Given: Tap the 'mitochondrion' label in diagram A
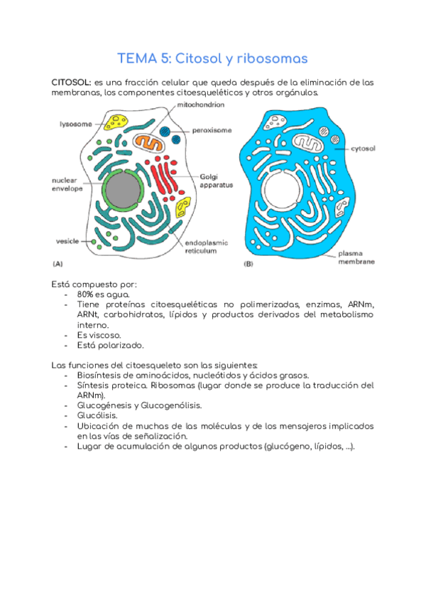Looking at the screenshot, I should click(x=201, y=105).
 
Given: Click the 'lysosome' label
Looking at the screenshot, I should click(x=75, y=124).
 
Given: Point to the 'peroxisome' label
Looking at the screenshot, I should click(x=212, y=131).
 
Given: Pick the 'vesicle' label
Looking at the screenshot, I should click(x=67, y=241).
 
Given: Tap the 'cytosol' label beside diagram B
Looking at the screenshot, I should click(x=363, y=149).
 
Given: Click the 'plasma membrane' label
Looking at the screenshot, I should click(x=356, y=257).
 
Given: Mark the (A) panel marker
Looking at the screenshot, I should click(x=59, y=264).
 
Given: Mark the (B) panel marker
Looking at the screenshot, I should click(x=248, y=264).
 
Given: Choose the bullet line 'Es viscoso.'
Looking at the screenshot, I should click(x=99, y=334).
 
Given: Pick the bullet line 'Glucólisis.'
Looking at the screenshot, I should click(x=97, y=415).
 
